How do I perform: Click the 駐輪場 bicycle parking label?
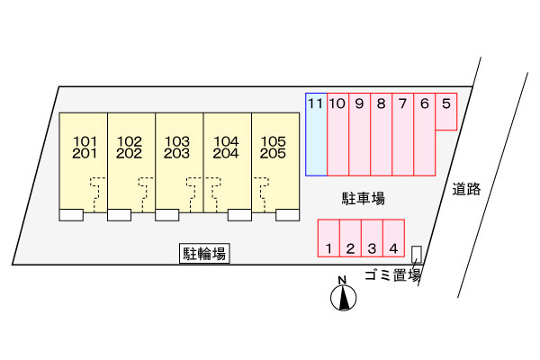204,255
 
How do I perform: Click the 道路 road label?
467,189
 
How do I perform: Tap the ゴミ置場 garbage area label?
393,276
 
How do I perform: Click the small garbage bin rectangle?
416,254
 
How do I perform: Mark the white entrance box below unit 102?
119,215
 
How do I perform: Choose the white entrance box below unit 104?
239,215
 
